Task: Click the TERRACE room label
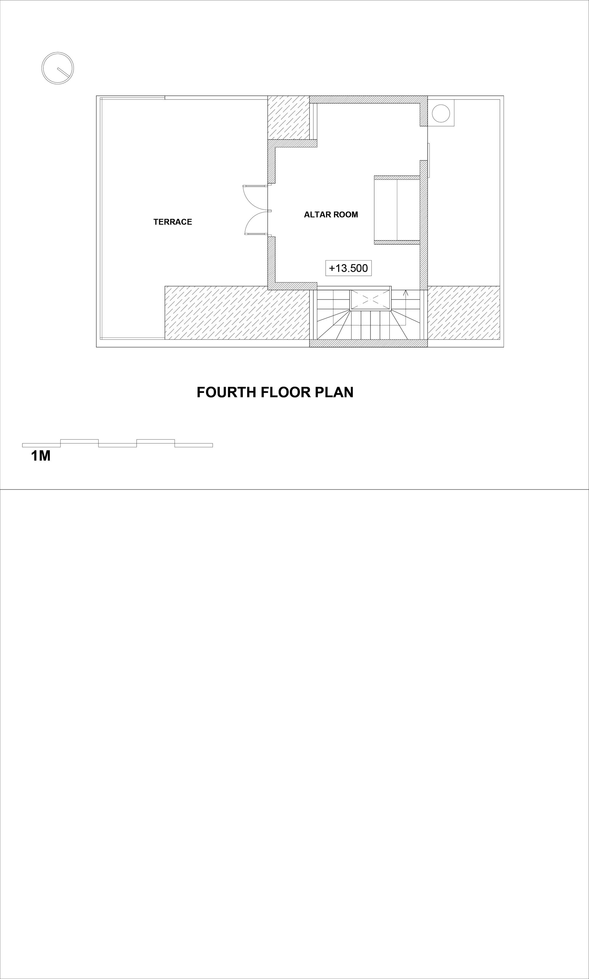click(x=173, y=222)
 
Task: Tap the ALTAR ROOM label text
click(x=331, y=215)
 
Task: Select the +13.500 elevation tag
click(x=348, y=268)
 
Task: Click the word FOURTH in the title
click(x=227, y=392)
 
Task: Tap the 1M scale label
click(x=41, y=456)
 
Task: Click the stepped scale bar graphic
click(x=118, y=443)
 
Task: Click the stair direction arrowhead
click(x=406, y=293)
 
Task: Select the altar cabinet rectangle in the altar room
click(x=397, y=210)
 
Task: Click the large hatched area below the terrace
click(x=237, y=313)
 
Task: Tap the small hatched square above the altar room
click(x=289, y=118)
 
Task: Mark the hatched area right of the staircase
click(x=464, y=313)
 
